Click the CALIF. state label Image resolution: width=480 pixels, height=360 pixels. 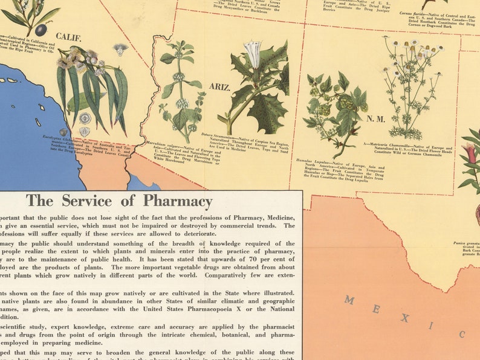pos(68,37)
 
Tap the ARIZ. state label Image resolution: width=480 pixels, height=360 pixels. pos(219,87)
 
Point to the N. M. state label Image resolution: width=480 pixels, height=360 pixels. pos(375,118)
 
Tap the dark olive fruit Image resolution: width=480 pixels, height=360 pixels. pos(41,29)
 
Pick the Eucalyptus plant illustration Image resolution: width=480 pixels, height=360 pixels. pos(91,85)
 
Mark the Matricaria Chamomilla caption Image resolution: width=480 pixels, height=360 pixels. pos(408,151)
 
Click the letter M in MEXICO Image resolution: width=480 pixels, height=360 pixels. pos(349,300)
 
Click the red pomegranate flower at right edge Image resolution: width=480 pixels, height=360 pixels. pos(472,154)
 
